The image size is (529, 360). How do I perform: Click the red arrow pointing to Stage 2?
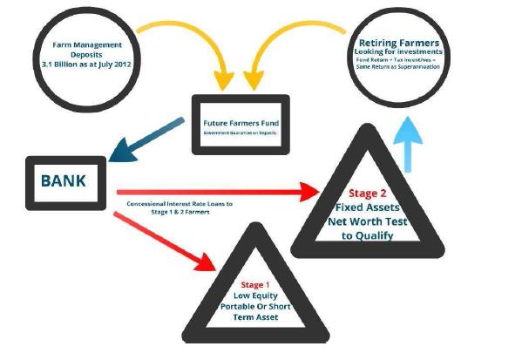pyautogui.click(x=218, y=189)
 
